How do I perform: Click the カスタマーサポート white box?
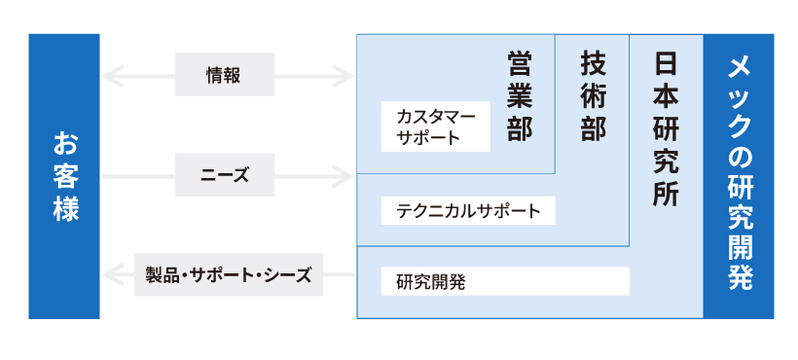(x=435, y=127)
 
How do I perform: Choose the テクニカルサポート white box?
(x=467, y=210)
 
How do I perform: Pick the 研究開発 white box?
(x=505, y=282)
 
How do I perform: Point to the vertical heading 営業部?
(x=520, y=97)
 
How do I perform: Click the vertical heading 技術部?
(x=593, y=97)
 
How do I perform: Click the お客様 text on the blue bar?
(x=64, y=176)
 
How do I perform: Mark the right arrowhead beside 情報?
(x=345, y=74)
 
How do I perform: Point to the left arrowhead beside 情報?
(x=110, y=74)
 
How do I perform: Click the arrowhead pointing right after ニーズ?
(x=345, y=176)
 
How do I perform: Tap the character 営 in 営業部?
(x=520, y=64)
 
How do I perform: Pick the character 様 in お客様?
(x=64, y=208)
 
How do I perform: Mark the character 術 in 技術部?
(x=593, y=97)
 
